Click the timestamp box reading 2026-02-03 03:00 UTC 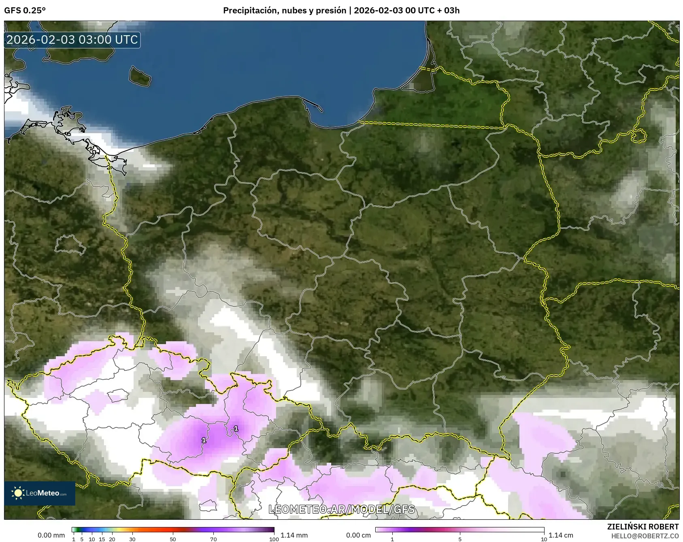click(72, 40)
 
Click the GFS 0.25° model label click(25, 11)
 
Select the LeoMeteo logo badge click(40, 493)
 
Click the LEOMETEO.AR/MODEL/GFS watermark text click(342, 509)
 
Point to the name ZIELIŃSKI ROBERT click(643, 527)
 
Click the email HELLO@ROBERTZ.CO click(645, 536)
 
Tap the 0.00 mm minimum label click(51, 535)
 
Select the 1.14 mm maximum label click(294, 535)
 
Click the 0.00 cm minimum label click(358, 535)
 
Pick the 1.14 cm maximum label click(561, 535)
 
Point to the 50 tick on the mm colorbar click(173, 539)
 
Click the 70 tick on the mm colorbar click(213, 539)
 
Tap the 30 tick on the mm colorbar click(132, 539)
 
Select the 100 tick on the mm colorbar click(274, 539)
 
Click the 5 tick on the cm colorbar click(460, 539)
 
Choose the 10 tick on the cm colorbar click(544, 539)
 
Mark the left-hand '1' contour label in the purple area click(204, 440)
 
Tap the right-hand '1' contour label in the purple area click(236, 428)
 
